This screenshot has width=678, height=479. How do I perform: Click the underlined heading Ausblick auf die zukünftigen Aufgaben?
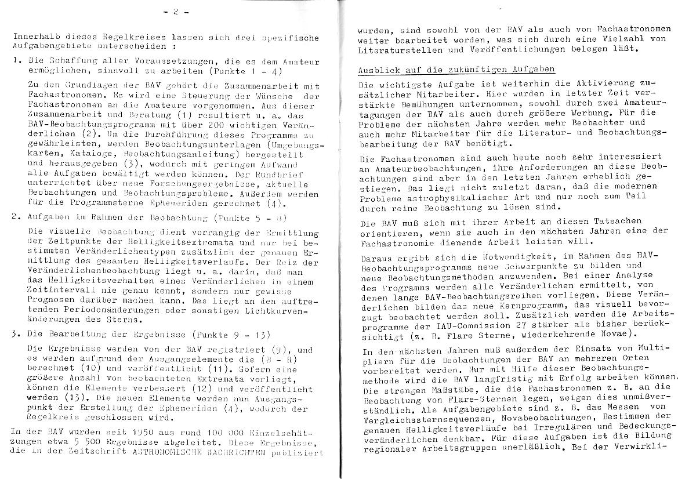[456, 69]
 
